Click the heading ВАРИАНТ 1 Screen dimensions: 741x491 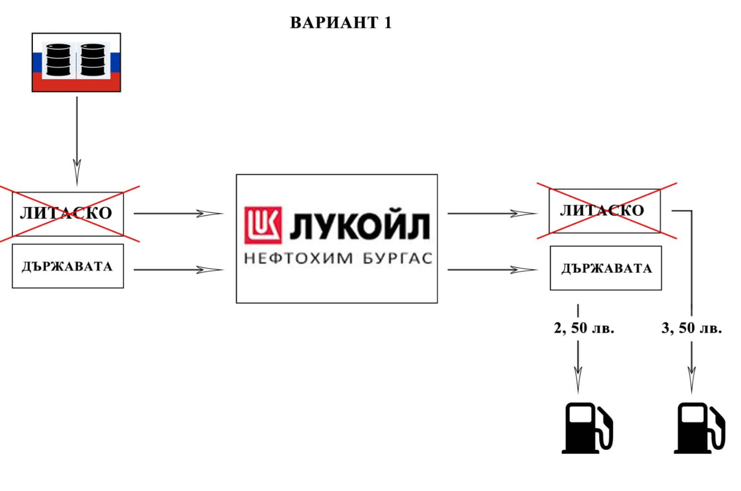341,23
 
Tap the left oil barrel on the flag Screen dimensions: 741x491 58,60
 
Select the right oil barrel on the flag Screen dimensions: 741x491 93,60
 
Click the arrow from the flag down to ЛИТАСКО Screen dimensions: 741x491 77,141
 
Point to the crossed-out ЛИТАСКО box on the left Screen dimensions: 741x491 68,214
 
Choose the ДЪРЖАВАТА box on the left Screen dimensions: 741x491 68,266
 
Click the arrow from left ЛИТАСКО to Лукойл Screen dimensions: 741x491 178,213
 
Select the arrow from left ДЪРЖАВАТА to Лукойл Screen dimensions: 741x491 178,270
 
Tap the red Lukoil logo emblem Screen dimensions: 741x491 263,225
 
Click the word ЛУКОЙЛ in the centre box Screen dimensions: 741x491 360,226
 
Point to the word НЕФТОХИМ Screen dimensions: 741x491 298,258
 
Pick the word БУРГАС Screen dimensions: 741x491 398,258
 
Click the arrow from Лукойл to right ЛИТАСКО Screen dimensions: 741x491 493,213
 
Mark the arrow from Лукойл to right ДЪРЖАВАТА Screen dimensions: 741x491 493,270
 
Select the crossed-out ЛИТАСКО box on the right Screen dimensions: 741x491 605,211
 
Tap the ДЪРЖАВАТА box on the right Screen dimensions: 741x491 606,268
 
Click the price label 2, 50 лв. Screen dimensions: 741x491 584,328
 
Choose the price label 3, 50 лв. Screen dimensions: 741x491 692,328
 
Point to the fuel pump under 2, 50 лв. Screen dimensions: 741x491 587,428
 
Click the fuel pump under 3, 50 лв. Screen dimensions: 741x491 699,428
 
